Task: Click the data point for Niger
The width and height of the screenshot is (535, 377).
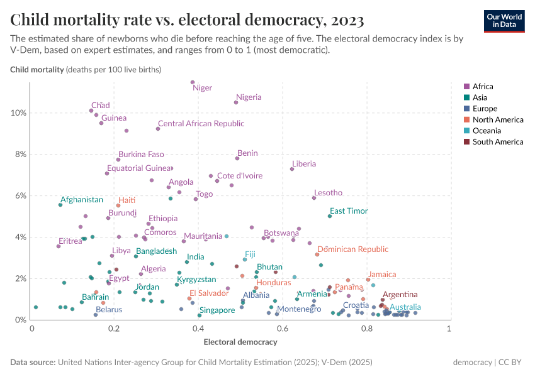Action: (x=193, y=82)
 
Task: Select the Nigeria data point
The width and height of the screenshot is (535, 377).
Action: (x=236, y=102)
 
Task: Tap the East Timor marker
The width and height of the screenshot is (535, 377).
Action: (x=330, y=216)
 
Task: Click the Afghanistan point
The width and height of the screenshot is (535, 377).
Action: (x=60, y=205)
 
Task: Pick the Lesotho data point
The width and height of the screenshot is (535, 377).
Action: (x=314, y=198)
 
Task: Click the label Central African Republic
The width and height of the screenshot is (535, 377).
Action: (x=201, y=124)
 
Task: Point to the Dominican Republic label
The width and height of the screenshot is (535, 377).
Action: (x=362, y=249)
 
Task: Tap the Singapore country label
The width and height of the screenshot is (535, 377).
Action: (x=217, y=310)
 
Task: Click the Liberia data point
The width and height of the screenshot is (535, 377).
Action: (x=292, y=169)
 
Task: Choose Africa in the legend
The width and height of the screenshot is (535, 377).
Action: (x=483, y=87)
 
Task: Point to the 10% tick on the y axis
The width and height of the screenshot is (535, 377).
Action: (x=18, y=113)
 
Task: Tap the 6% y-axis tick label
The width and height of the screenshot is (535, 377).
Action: (x=20, y=195)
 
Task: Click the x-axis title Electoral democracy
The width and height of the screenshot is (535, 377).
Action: (x=240, y=342)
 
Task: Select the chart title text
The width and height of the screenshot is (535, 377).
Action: (x=187, y=20)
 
